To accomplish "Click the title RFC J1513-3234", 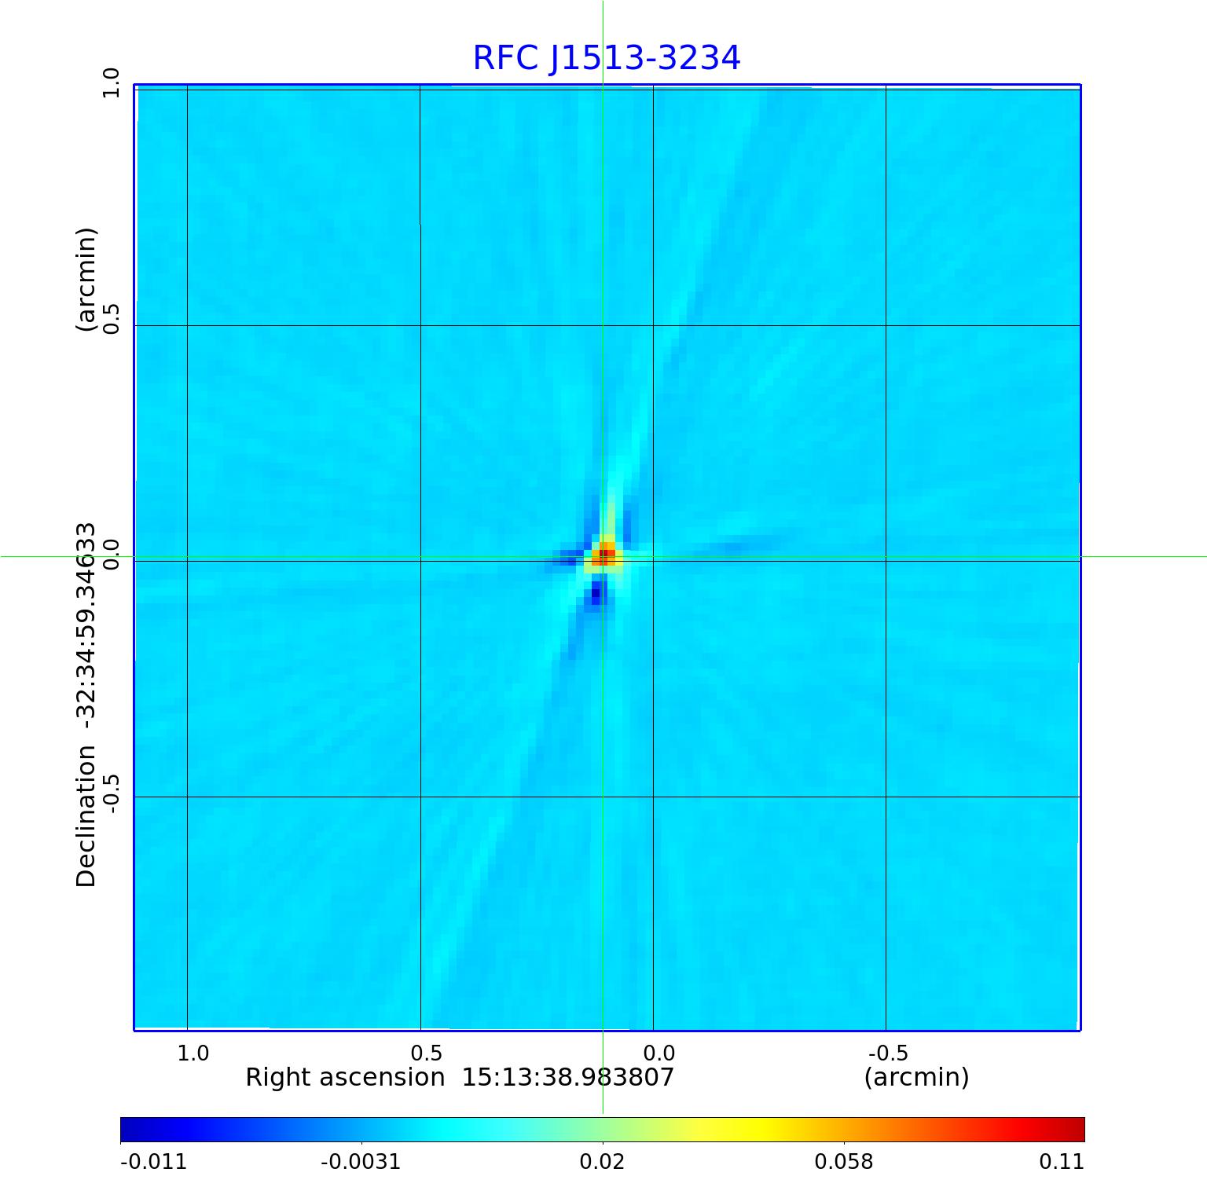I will coord(606,58).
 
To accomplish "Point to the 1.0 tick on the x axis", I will coord(193,1053).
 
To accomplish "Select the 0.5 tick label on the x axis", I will coord(426,1053).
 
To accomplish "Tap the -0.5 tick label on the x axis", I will coord(888,1053).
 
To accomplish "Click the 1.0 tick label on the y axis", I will coord(111,83).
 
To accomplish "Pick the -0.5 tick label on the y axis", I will coord(111,793).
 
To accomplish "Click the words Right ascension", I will coord(345,1077).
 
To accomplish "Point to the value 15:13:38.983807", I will coord(567,1077).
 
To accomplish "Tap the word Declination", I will coord(86,816).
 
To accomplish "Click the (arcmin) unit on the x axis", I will coord(916,1077).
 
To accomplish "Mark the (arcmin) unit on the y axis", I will coord(86,280).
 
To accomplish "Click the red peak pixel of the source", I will coord(605,556).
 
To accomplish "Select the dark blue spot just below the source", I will coord(596,593).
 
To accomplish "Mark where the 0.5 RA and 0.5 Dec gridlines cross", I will coord(420,325).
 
